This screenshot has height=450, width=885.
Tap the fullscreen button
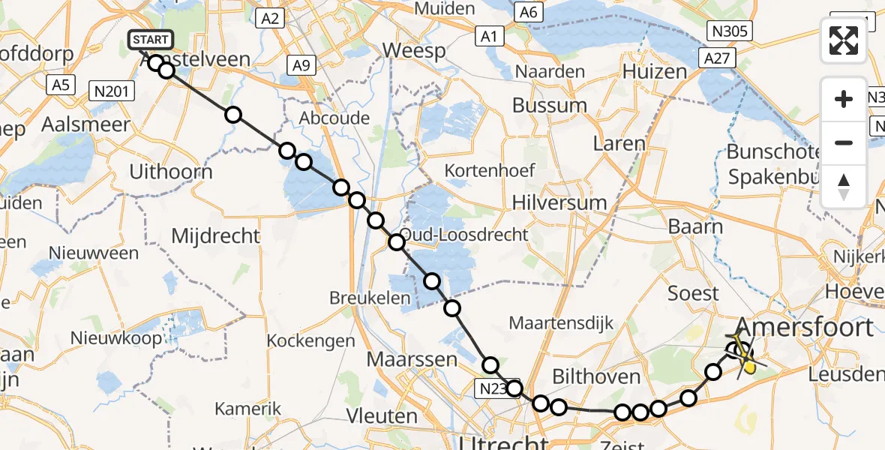pos(844,40)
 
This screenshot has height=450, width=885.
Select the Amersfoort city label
pos(805,327)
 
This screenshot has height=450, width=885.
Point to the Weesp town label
pos(413,51)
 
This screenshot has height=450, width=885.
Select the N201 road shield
pos(112,91)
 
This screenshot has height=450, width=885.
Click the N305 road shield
pos(730,31)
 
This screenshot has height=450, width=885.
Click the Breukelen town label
pos(370,298)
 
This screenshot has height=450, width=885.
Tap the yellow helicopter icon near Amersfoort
pos(746,358)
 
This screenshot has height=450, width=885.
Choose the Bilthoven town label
pos(596,376)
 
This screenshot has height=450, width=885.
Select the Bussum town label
pos(549,105)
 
